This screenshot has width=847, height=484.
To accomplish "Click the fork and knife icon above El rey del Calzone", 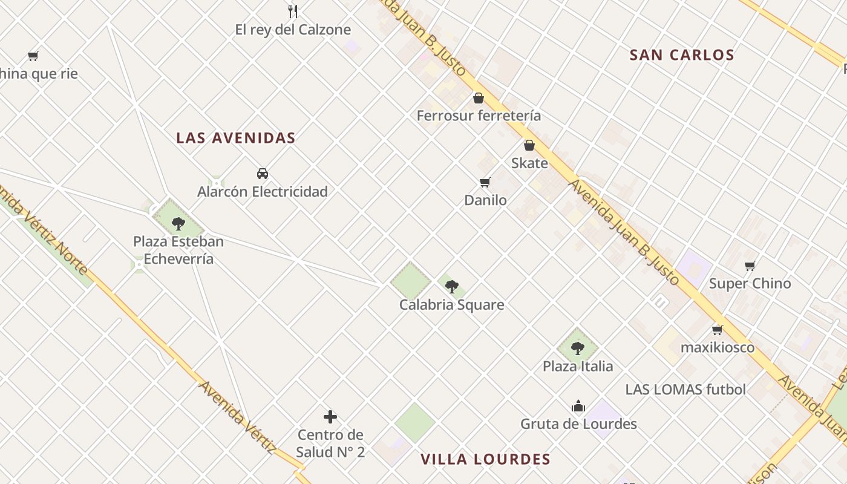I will click(293, 11).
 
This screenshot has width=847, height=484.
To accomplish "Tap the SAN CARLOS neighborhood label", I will click(682, 55).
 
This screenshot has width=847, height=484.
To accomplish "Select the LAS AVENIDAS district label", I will click(236, 138).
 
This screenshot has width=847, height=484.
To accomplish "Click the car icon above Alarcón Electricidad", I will click(263, 174).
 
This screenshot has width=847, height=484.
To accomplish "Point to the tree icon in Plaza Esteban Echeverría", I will click(178, 224).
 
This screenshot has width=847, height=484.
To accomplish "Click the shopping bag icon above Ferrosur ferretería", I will click(479, 98).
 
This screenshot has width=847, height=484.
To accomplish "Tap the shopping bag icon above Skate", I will click(529, 145).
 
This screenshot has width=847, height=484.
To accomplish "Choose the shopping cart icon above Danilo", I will click(485, 182).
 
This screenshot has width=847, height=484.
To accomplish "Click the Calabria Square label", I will click(451, 305).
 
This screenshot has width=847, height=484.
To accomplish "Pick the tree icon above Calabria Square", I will click(451, 287).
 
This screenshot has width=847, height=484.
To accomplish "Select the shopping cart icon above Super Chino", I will click(750, 266).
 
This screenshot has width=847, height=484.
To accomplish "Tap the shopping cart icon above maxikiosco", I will click(718, 330).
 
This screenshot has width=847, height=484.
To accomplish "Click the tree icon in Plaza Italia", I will click(578, 348).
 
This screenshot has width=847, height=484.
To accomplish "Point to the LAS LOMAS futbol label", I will click(685, 390).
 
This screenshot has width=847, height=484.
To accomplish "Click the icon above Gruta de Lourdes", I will click(578, 406).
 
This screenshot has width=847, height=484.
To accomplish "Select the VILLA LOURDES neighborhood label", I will click(486, 459).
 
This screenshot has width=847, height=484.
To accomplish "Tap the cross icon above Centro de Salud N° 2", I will click(330, 417).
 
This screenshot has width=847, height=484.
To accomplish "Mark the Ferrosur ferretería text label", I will click(479, 116).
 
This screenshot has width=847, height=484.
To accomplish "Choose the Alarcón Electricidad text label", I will click(263, 192).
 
